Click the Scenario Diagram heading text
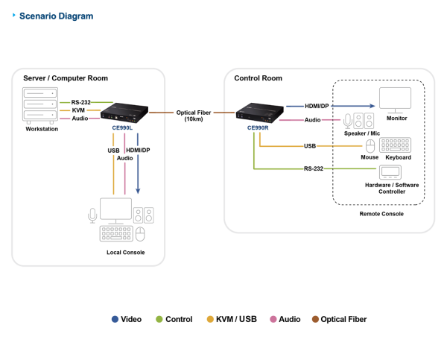[56, 16]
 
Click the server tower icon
[40, 104]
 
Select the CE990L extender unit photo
[124, 113]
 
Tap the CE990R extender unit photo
[260, 112]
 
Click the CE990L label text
[121, 127]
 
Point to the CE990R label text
[258, 127]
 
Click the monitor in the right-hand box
[395, 99]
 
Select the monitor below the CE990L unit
[116, 209]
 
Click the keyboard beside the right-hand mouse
[395, 145]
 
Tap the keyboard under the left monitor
[115, 233]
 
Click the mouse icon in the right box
[370, 145]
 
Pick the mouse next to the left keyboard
[140, 234]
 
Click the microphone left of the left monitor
[92, 215]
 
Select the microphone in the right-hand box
[347, 120]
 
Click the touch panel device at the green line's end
[390, 172]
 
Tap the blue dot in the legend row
[115, 319]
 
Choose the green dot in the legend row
[159, 319]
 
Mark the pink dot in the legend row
[273, 319]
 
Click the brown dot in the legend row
[315, 319]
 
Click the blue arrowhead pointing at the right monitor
[372, 106]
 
